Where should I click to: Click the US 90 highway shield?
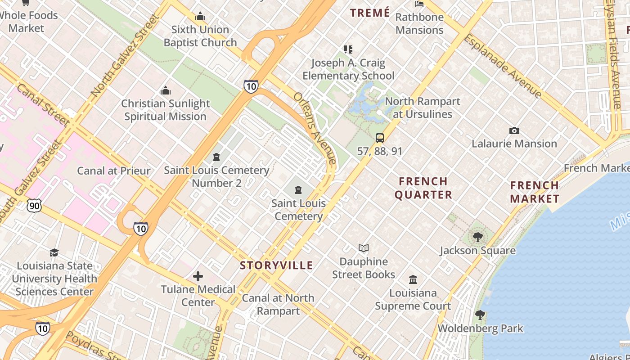tap(33, 206)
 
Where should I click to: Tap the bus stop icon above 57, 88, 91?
tap(380, 138)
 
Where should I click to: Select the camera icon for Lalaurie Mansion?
tap(514, 131)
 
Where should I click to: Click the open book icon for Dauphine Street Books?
tap(364, 248)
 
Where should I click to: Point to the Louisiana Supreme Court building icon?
tap(413, 280)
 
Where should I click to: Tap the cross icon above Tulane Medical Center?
tap(198, 276)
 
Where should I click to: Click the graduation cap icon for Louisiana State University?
tap(54, 252)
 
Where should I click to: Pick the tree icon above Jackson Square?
tap(478, 237)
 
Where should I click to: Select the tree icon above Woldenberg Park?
tap(480, 315)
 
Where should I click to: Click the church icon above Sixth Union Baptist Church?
tap(200, 17)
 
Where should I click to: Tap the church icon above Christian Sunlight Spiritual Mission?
tap(166, 90)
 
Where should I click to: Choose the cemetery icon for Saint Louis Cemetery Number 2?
tap(216, 157)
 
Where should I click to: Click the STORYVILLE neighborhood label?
tap(276, 265)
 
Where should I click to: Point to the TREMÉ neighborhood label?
tap(370, 13)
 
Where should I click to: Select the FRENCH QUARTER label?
tap(423, 188)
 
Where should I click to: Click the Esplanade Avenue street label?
tap(503, 65)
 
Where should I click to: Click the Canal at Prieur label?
tap(114, 171)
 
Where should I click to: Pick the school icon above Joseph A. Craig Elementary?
tap(348, 49)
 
